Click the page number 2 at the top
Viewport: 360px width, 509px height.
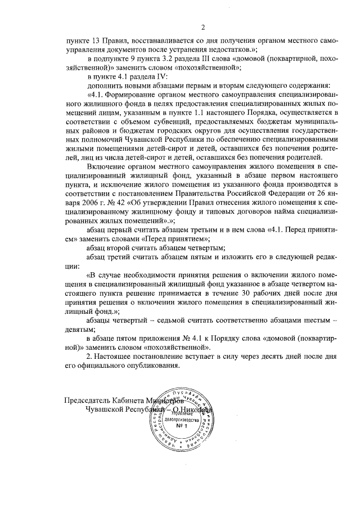203,26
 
